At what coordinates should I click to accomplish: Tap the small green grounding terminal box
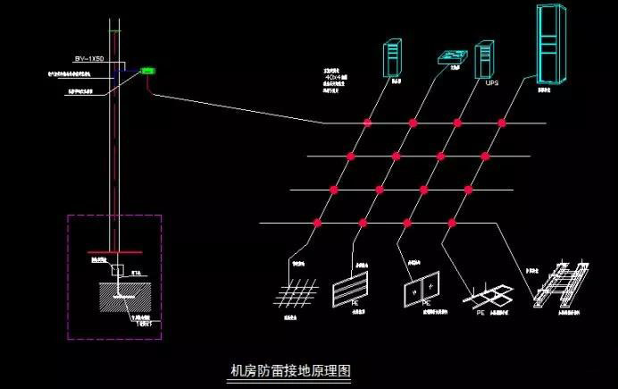click(148, 70)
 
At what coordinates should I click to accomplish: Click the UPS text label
click(491, 84)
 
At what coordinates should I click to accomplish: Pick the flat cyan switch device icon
click(453, 58)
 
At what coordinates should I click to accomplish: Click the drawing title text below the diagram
click(290, 369)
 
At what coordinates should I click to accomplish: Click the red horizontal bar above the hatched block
click(115, 254)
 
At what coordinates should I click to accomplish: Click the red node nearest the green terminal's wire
click(365, 123)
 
